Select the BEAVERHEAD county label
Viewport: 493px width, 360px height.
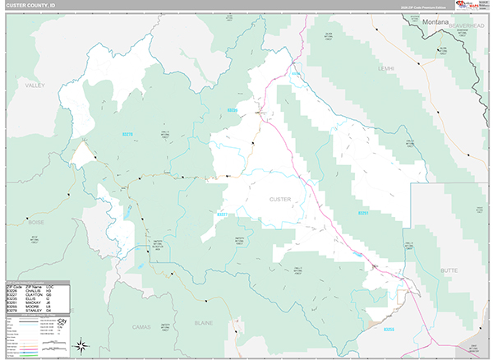click(466, 26)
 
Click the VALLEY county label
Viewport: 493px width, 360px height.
click(35, 85)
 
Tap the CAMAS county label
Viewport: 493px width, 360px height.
click(142, 326)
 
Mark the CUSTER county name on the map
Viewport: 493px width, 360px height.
click(280, 199)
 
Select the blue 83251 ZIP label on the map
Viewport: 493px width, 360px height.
click(363, 214)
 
